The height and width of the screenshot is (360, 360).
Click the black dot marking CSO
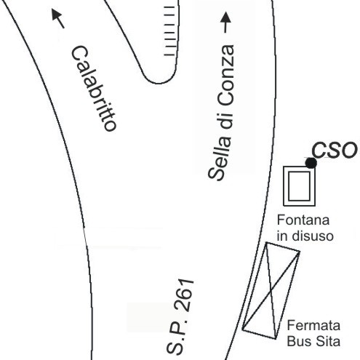coord(311,163)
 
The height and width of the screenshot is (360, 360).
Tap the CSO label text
coord(335,151)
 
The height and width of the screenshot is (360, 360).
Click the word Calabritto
coord(94,89)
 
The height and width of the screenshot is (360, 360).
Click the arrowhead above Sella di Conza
coord(225,17)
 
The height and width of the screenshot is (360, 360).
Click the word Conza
coord(226,75)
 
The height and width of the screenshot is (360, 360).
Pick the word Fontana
coord(303,220)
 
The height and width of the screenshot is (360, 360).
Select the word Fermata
coord(313,325)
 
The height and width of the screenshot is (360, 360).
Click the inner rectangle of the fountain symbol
coord(300,186)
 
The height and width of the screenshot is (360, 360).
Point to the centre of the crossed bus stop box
coord(271,290)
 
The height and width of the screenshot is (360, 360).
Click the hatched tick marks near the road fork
coord(169,31)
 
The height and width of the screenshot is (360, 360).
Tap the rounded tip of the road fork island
coord(159,84)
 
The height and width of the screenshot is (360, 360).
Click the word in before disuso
coord(281,236)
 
